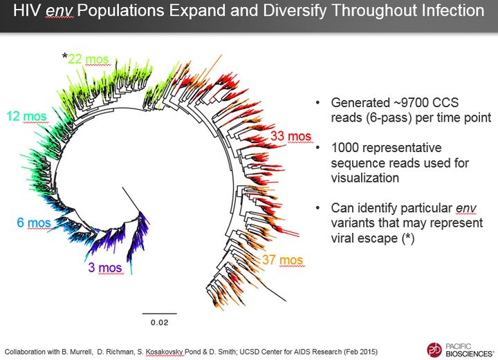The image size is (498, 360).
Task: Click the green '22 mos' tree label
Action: [89, 60]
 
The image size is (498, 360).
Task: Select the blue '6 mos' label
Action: [34, 222]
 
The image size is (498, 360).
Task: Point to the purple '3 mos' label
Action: [105, 267]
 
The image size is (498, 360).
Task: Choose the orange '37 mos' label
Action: [282, 260]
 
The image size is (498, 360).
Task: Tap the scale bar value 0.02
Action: [159, 322]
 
